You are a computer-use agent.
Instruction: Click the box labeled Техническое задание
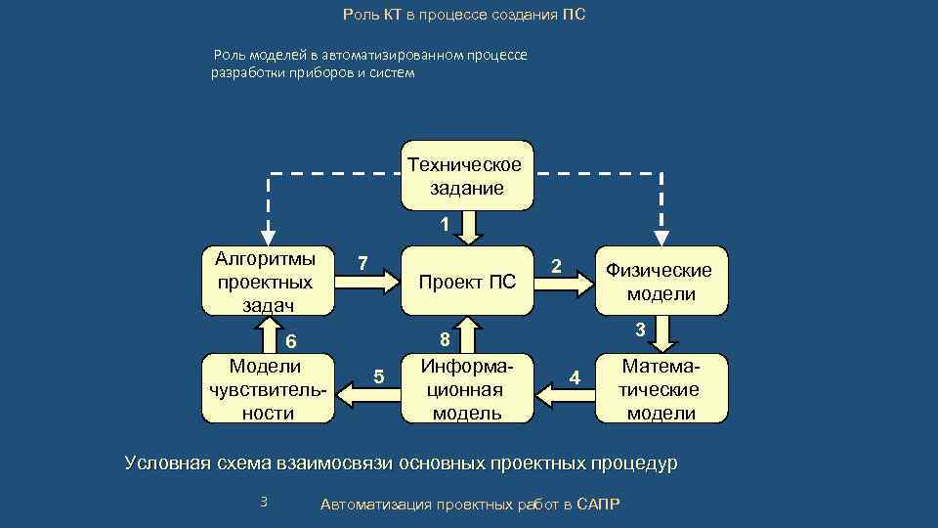click(467, 176)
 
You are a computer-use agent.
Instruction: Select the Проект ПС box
click(467, 283)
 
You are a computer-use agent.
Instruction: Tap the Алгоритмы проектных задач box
click(268, 282)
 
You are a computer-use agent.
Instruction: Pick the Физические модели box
click(661, 281)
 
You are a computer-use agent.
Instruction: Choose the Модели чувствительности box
click(268, 388)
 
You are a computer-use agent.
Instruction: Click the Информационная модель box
click(467, 388)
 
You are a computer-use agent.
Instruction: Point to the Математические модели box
click(661, 388)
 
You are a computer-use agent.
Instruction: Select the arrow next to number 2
click(566, 283)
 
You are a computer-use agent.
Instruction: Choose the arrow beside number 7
click(367, 282)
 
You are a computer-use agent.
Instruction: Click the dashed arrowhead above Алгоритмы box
click(268, 238)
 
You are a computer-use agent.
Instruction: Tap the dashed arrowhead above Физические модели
click(661, 238)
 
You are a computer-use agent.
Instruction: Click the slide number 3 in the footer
click(263, 502)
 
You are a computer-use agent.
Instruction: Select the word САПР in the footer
click(598, 504)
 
